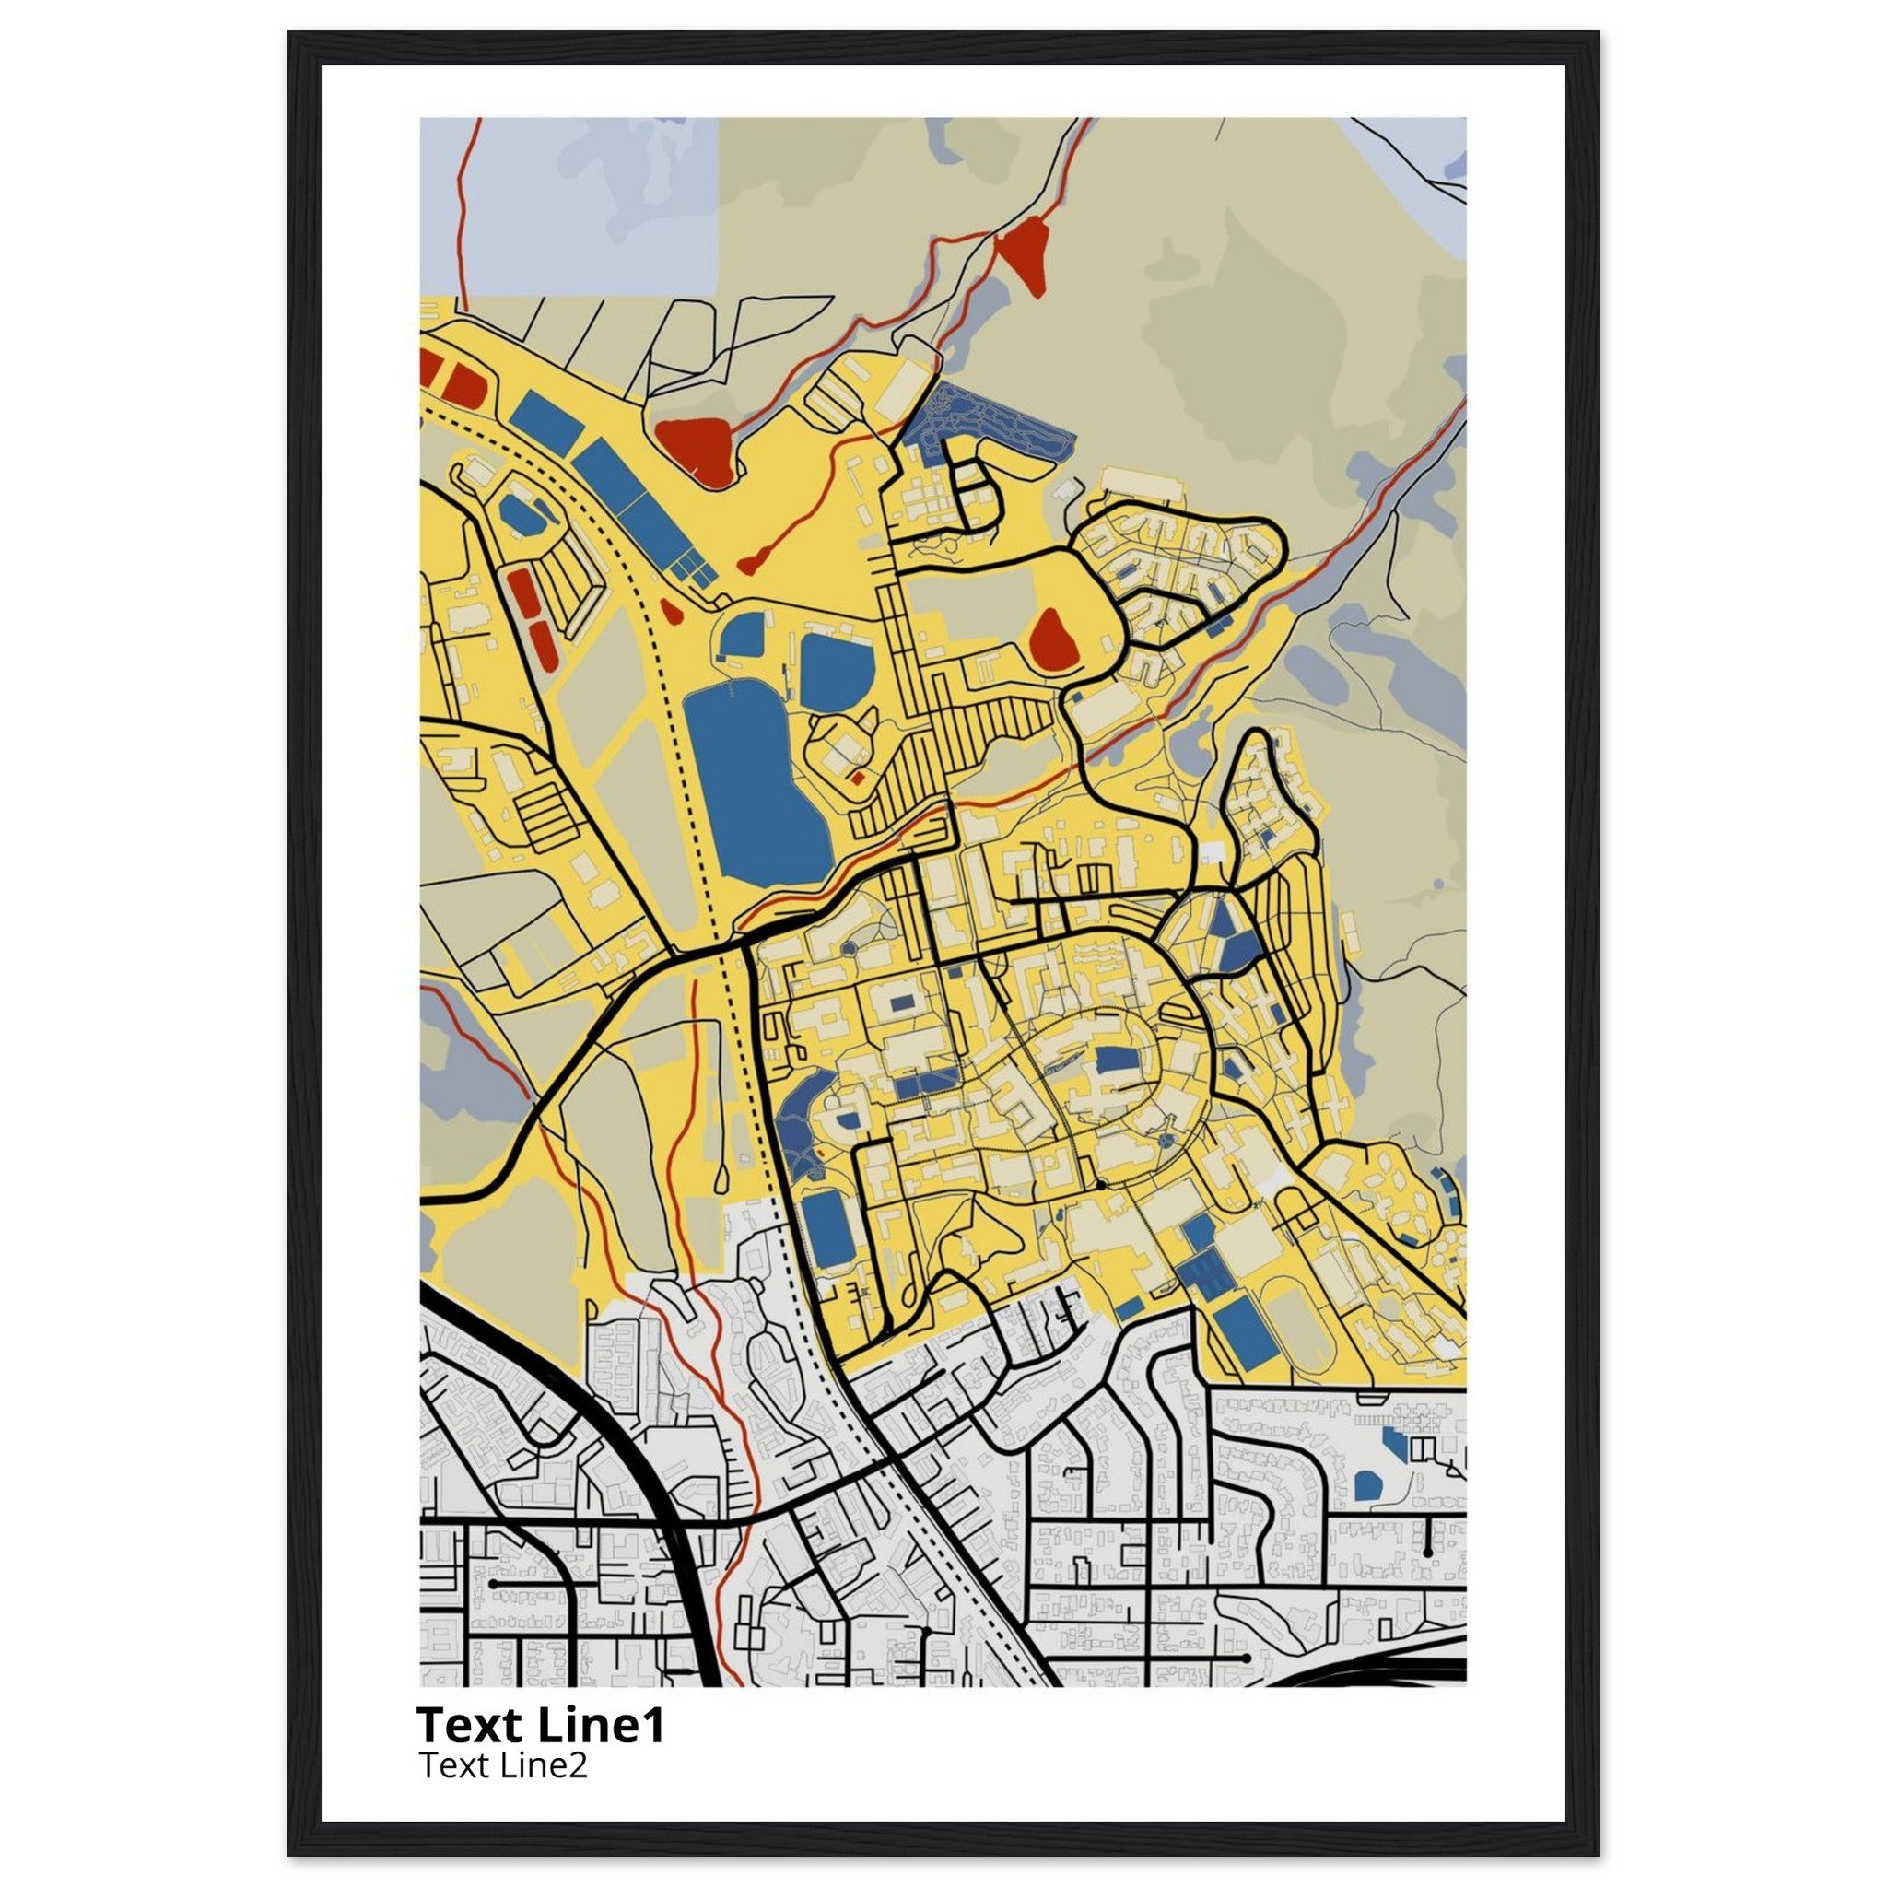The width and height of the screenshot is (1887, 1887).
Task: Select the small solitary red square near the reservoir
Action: click(857, 779)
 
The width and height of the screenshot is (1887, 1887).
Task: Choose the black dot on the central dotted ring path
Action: click(1101, 1185)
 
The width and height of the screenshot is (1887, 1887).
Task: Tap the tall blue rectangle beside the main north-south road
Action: click(827, 1230)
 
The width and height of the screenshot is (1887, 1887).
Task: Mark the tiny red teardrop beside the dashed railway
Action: click(670, 612)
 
